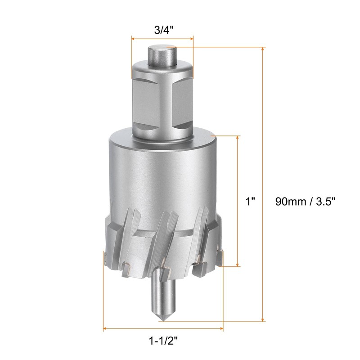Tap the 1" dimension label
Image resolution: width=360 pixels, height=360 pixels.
click(x=251, y=201)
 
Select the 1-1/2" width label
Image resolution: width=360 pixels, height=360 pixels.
click(x=163, y=341)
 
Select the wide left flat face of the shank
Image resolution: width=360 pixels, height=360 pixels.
click(x=145, y=103)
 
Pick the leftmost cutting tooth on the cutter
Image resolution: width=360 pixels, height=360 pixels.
click(x=105, y=257)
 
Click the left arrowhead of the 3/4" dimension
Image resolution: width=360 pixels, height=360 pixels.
click(x=133, y=39)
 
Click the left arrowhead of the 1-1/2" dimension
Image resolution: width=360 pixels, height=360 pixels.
click(x=106, y=329)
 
